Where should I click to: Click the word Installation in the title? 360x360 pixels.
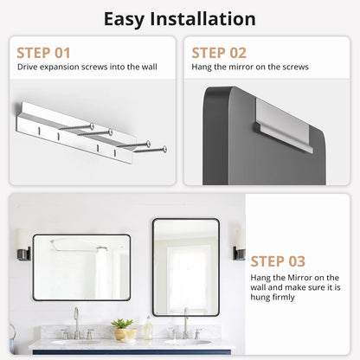coord(202,19)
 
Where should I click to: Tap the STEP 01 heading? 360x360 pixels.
coord(43,53)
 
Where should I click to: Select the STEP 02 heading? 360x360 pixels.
coord(219,53)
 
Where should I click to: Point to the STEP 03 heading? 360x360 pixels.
coord(278,261)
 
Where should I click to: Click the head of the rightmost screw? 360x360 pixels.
coord(164,149)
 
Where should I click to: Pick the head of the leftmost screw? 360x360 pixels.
coord(92,125)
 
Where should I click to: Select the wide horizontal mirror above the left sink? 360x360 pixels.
coord(81,267)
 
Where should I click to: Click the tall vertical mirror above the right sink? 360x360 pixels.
coord(186,267)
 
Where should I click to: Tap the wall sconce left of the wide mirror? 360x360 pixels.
coord(23,245)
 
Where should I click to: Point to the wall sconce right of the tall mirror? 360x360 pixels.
coord(239,244)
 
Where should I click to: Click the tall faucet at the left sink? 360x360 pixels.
coord(76,323)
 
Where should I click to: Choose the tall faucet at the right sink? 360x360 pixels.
coord(185,323)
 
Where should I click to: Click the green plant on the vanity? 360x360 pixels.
coord(122,323)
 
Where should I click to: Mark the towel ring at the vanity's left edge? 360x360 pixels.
coord(12,331)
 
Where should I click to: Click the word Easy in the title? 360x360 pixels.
coord(124,20)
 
